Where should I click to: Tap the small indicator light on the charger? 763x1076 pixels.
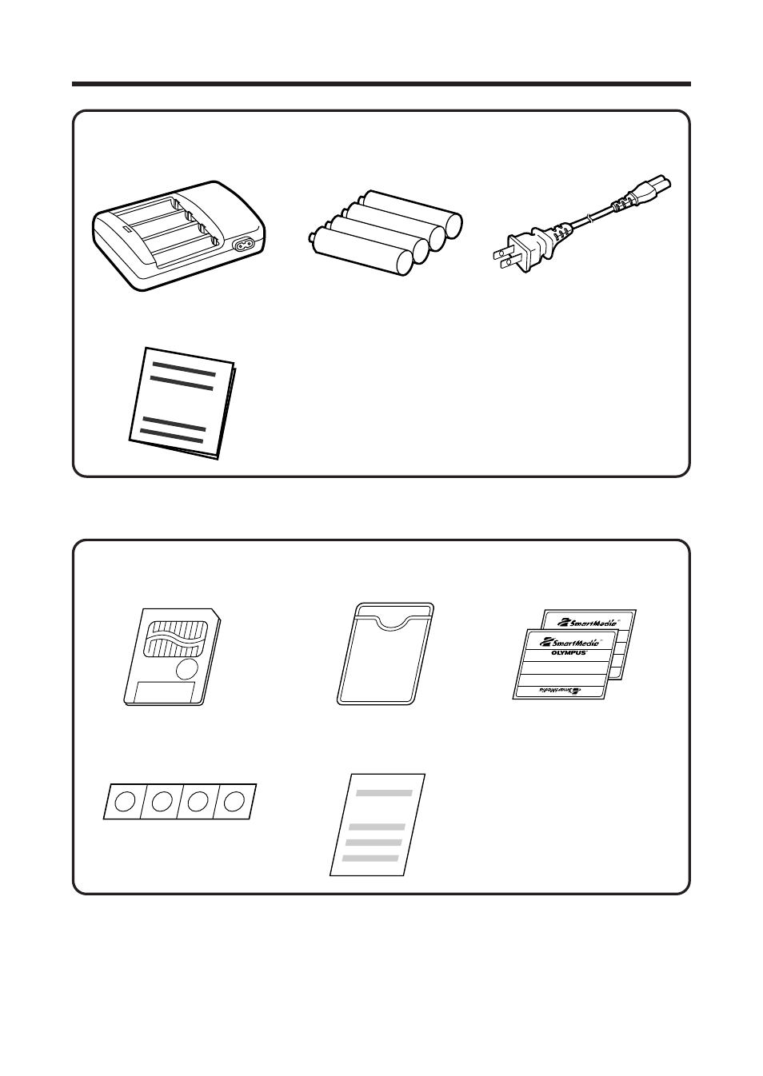point(125,227)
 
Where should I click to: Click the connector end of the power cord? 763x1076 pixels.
point(649,193)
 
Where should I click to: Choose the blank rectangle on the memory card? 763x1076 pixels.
point(165,692)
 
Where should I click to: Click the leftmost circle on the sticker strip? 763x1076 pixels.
point(124,802)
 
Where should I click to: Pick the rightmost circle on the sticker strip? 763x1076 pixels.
point(234,800)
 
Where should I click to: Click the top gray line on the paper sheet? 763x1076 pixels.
point(384,794)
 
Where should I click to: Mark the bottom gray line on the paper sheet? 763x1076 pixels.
point(370,858)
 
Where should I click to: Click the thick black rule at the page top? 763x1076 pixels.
point(381,83)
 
